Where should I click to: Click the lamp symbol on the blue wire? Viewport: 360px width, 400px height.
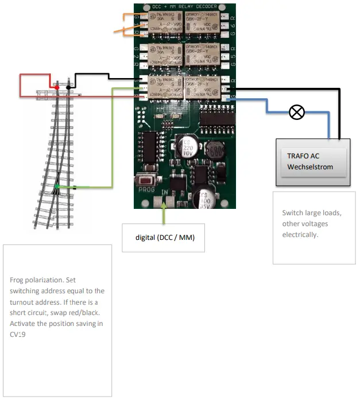point(296,112)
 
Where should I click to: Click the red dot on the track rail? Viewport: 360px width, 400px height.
point(57,87)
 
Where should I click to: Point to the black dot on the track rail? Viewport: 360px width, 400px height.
point(69,87)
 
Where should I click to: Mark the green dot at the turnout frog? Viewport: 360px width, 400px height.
point(58,187)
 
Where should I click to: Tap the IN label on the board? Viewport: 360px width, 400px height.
point(165,191)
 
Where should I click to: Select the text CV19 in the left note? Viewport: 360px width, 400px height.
point(18,335)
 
